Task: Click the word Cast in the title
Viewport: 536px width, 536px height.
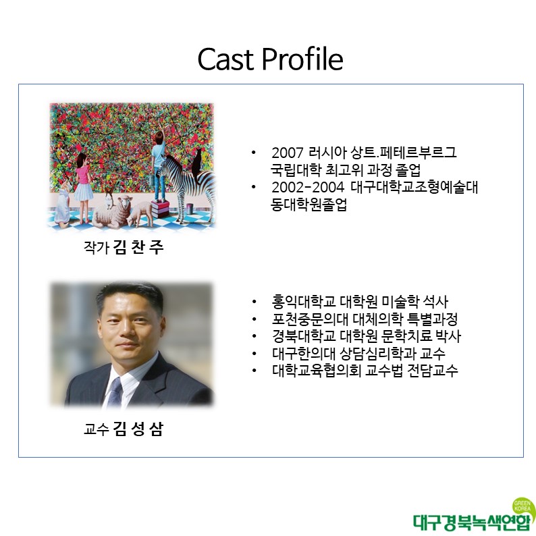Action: (225, 59)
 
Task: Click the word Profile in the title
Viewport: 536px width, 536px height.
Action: (302, 59)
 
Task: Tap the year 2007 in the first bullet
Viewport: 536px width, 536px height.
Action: (288, 153)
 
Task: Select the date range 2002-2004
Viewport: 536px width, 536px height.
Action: (308, 187)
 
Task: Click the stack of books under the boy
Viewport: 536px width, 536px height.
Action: (160, 209)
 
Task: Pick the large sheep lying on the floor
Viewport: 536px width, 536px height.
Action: (113, 213)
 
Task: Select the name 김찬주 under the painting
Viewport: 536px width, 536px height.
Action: (138, 248)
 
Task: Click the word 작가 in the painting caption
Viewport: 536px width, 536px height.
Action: (96, 248)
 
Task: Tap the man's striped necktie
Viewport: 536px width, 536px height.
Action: (115, 392)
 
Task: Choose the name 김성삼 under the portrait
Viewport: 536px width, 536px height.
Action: (138, 429)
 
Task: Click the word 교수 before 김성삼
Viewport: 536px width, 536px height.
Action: (96, 429)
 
